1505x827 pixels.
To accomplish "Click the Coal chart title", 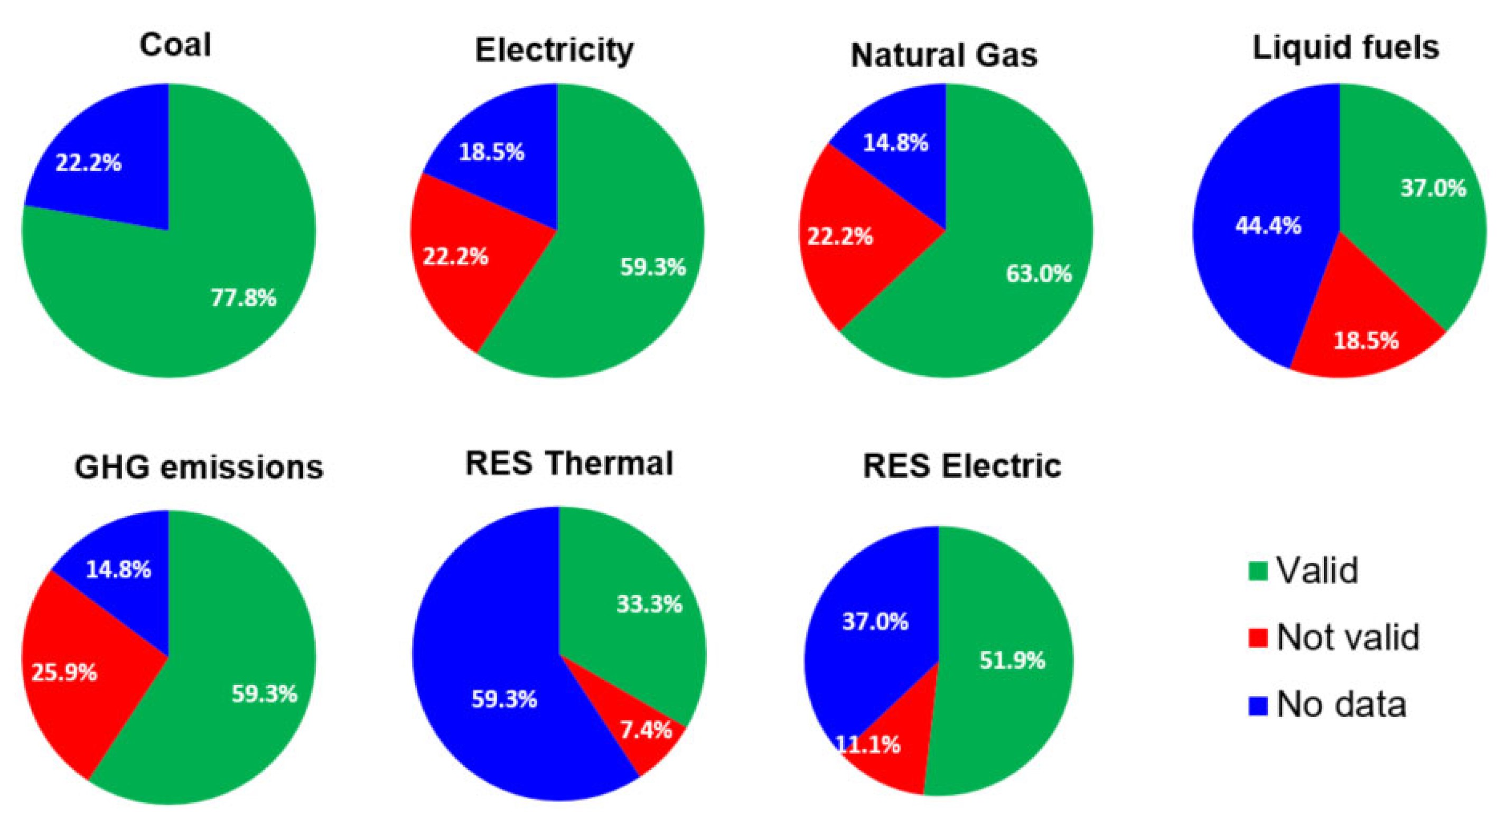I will coord(175,45).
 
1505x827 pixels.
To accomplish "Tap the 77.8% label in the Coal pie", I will coord(243,298).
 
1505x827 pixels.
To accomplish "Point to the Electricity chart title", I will coord(554,50).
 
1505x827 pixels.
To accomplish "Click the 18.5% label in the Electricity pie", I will coord(491,153).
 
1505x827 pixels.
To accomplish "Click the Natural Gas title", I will coord(943,55).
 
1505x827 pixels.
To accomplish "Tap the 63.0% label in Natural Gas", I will coord(1039,274).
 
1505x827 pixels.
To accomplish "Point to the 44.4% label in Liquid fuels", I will coord(1268,226).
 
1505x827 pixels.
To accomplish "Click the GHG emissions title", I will coord(199,468).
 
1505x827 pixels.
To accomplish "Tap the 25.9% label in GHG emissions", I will coord(64,673).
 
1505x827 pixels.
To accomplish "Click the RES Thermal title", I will coord(569,464).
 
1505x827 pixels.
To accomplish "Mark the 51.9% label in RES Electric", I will coord(1012,661).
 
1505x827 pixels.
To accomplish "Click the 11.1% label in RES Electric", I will coord(868,745).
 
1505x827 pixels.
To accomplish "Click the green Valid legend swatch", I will coord(1258,571).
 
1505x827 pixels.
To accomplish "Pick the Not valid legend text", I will coord(1348,637).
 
